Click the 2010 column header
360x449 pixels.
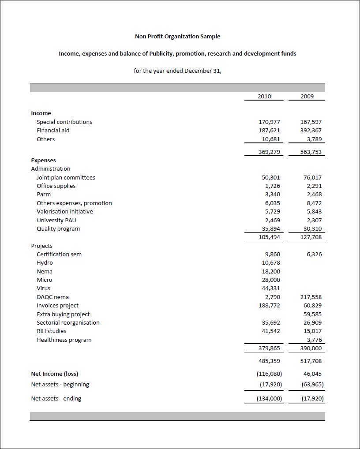click(x=264, y=96)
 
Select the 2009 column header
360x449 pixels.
click(x=307, y=96)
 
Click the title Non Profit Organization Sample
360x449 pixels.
click(x=177, y=36)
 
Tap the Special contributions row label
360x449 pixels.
click(x=64, y=122)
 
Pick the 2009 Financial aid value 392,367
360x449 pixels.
click(x=311, y=130)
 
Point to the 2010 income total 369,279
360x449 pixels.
click(x=269, y=152)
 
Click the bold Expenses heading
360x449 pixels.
click(x=43, y=160)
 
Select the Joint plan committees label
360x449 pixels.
click(x=66, y=177)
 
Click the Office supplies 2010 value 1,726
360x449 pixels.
click(x=272, y=186)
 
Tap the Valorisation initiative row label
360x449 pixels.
click(x=64, y=211)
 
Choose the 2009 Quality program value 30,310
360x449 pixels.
click(x=312, y=228)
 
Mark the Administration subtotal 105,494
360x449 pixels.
click(x=269, y=237)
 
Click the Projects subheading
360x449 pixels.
click(x=41, y=246)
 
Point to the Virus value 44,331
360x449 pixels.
click(x=271, y=288)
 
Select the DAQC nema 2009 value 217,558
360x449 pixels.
click(x=311, y=297)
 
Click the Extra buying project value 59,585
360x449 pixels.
click(x=312, y=314)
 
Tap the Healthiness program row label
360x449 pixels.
click(x=64, y=340)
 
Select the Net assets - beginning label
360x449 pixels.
click(x=60, y=384)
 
